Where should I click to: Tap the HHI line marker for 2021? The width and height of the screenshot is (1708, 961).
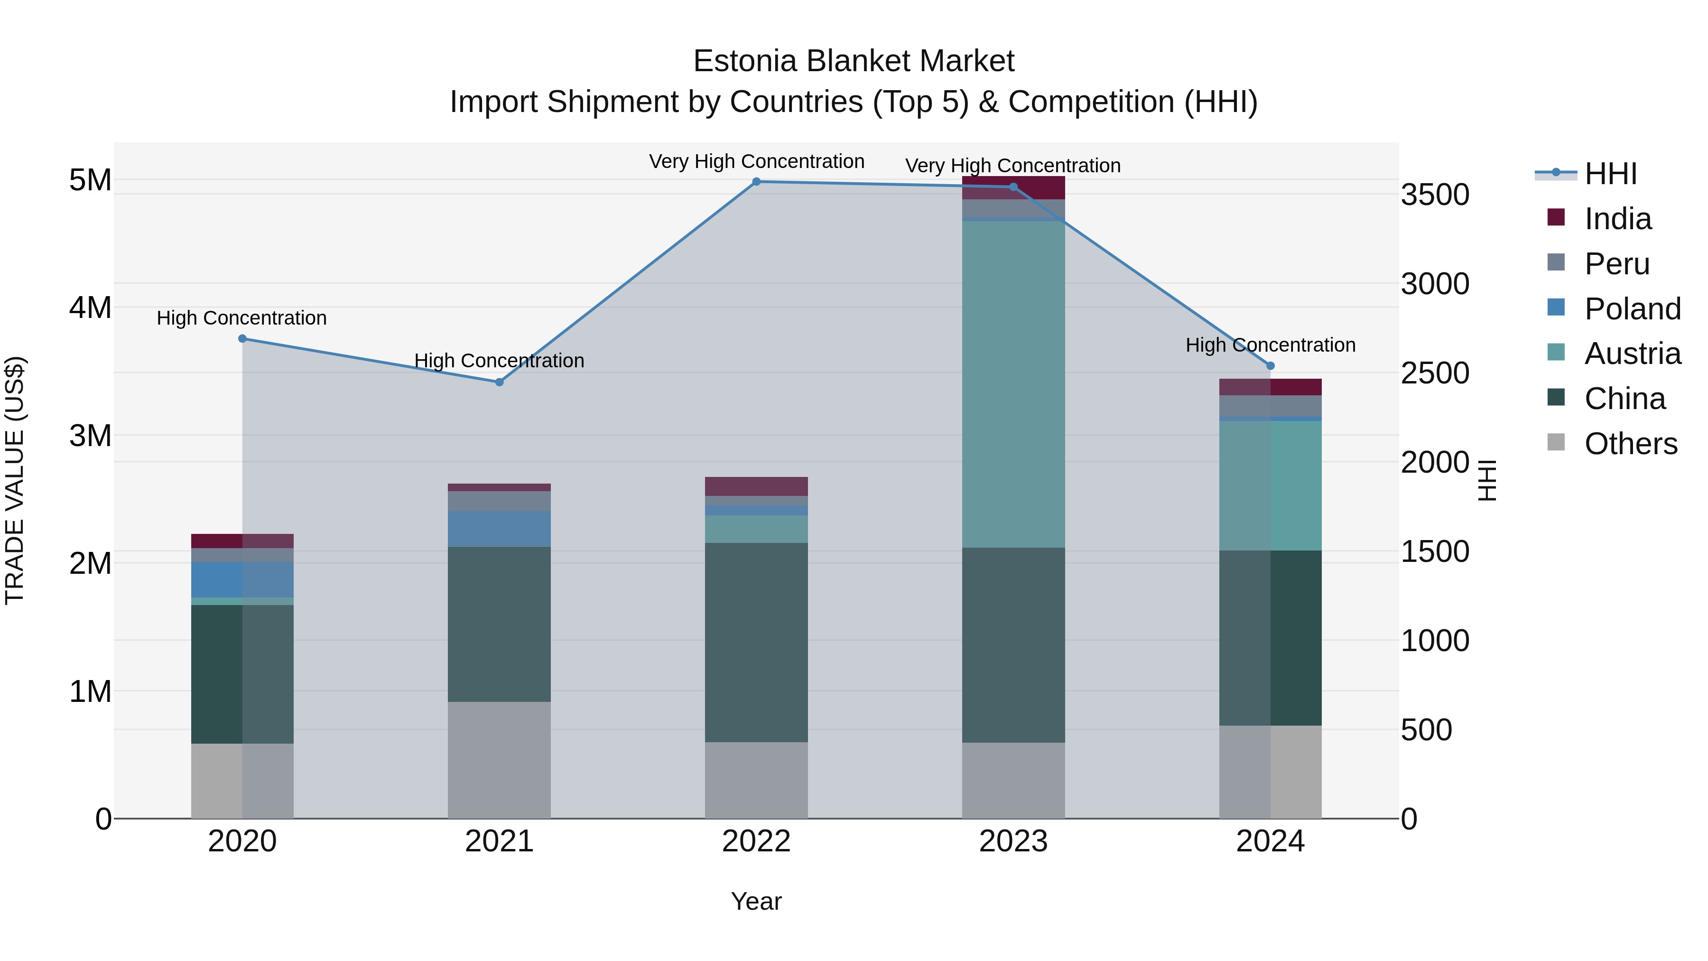click(499, 382)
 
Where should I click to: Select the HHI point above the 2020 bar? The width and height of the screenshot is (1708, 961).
click(242, 339)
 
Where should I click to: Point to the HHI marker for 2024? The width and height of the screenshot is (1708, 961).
click(1271, 365)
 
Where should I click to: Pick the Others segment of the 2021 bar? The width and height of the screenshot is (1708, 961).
click(499, 760)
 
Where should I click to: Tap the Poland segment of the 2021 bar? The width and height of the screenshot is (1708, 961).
click(499, 529)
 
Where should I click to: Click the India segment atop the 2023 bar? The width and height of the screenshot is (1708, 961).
click(1013, 187)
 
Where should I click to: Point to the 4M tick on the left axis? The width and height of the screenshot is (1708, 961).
click(90, 308)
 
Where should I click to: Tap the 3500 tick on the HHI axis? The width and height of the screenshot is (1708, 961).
click(1435, 195)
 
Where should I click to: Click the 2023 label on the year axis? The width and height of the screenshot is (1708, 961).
click(1013, 841)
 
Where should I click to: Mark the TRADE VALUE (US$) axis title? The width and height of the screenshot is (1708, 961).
click(15, 480)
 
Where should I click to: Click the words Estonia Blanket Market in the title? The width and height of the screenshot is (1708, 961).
click(854, 61)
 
